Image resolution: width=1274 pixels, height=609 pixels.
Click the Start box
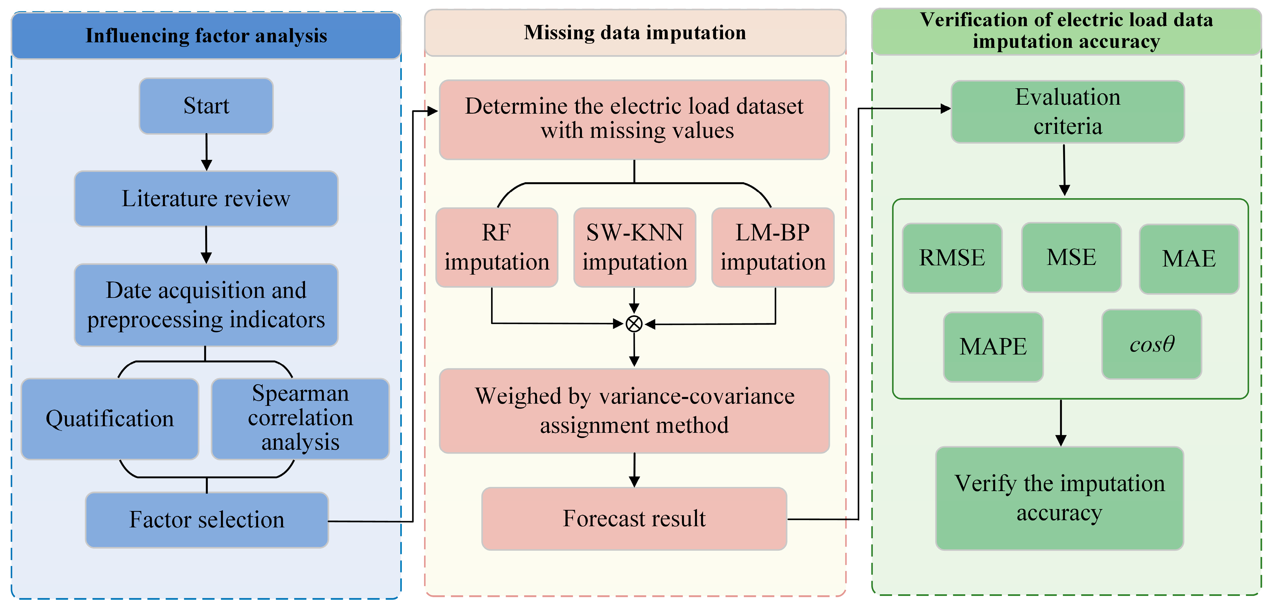pos(206,106)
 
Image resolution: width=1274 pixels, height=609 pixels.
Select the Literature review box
pos(206,199)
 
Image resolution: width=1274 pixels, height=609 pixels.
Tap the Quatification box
pos(110,419)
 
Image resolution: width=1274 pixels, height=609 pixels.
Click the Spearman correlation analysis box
pos(300,419)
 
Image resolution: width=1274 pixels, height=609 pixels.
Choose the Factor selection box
pos(207,519)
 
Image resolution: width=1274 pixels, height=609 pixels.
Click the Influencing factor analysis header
pos(206,36)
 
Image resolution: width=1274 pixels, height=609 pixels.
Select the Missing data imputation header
pos(635,32)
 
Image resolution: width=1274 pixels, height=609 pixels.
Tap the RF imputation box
pos(496,247)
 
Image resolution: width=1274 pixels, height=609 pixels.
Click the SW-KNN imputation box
pos(634,247)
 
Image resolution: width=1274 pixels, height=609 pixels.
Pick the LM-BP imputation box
pos(772,247)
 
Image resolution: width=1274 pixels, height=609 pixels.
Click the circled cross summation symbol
pos(634,324)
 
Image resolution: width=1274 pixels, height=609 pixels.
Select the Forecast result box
pos(634,519)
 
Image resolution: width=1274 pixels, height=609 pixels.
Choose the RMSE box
pos(952,258)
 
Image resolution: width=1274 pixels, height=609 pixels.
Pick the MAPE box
pos(993,347)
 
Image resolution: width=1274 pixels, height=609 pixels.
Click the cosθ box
pos(1151,345)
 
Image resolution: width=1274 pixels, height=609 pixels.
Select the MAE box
pos(1189,259)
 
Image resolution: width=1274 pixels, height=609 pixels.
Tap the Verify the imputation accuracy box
pos(1059,498)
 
